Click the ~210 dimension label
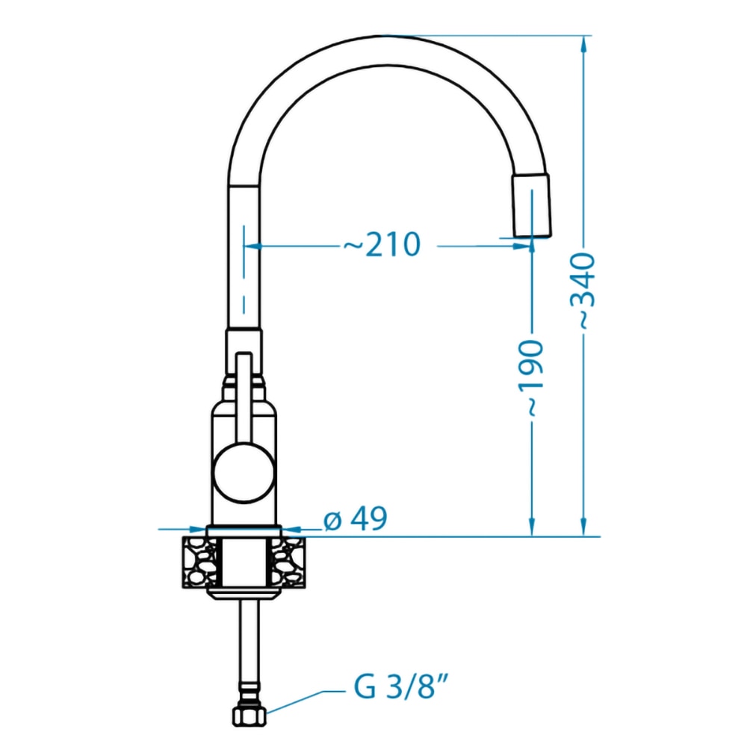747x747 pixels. [382, 245]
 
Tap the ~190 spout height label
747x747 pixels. [530, 379]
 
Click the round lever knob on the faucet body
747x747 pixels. [244, 472]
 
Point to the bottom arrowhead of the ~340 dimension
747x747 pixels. [583, 527]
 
